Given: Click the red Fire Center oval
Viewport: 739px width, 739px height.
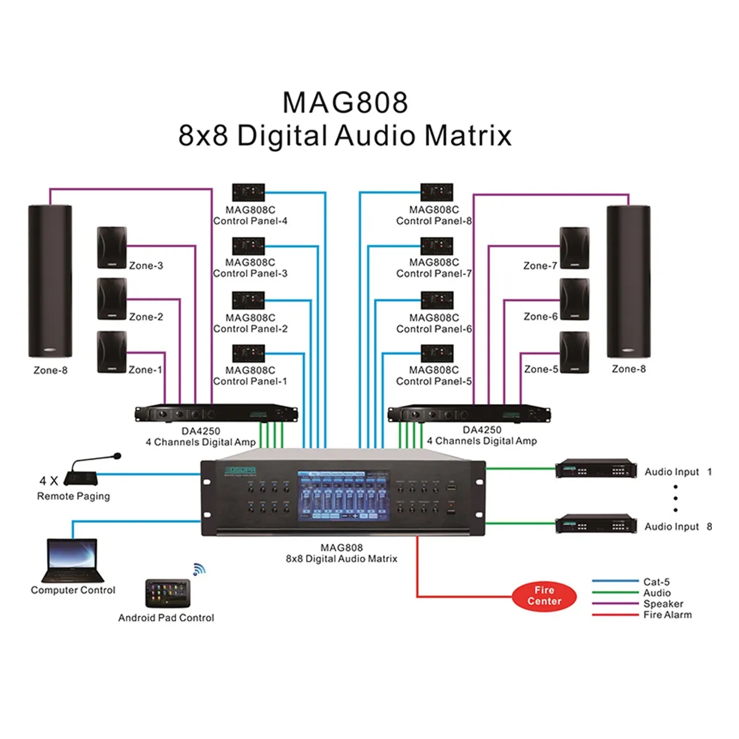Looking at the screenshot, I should click(x=544, y=596).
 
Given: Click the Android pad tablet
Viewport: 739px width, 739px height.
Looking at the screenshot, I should click(x=168, y=593).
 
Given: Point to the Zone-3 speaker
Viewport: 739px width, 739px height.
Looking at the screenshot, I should click(x=112, y=248).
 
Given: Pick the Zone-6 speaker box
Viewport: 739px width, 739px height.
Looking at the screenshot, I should click(x=574, y=299).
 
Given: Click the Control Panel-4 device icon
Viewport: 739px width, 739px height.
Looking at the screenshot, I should click(x=249, y=192).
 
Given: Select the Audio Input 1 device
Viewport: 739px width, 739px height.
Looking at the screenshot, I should click(x=596, y=469).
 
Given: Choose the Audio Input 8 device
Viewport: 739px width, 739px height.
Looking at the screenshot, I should click(x=596, y=524).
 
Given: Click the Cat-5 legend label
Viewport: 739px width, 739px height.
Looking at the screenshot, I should click(x=656, y=581).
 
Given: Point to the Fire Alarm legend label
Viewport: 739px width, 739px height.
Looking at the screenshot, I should click(x=668, y=615).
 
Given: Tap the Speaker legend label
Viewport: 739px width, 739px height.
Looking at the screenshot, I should click(x=663, y=604).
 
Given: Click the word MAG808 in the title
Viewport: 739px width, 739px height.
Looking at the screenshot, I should click(x=345, y=103).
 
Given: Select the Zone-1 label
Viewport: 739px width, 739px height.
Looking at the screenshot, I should click(x=145, y=369).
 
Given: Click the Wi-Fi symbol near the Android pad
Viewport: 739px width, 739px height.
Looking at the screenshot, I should click(x=198, y=570).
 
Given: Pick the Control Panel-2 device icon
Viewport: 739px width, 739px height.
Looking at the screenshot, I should click(x=249, y=301).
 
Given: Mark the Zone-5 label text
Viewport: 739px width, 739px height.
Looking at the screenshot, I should click(x=541, y=369).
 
